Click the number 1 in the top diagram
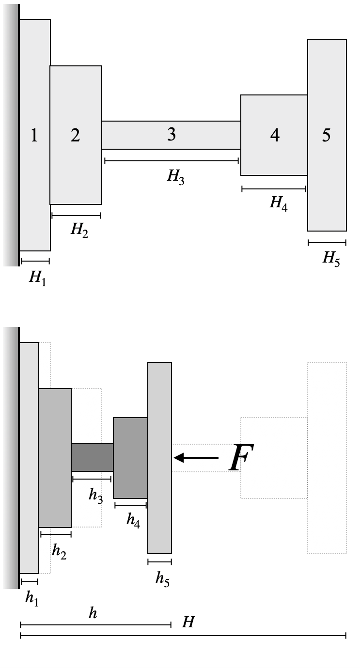(x=34, y=136)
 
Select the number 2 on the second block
(x=75, y=136)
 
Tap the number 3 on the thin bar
(x=171, y=135)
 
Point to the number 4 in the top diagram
(x=275, y=136)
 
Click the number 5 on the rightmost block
(x=327, y=136)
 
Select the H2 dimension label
(x=79, y=229)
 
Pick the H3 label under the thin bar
(x=175, y=176)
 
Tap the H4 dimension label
(x=278, y=203)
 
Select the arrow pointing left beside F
(x=196, y=457)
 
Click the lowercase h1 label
(x=31, y=599)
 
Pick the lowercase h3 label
(x=95, y=495)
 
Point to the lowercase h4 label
(x=133, y=520)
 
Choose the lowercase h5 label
(x=162, y=578)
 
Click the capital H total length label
(x=188, y=622)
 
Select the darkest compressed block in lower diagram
(x=92, y=457)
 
